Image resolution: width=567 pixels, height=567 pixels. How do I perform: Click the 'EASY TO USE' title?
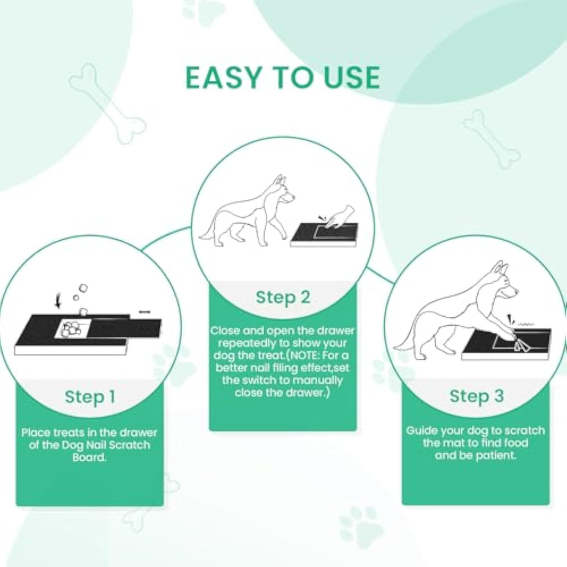point(282,78)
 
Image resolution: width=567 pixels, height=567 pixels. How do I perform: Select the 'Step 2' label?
point(282,297)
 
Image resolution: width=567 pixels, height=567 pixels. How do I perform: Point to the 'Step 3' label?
point(476,396)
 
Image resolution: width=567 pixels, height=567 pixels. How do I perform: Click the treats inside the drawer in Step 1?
point(71,328)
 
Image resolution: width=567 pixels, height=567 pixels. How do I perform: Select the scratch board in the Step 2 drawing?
point(323,235)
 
